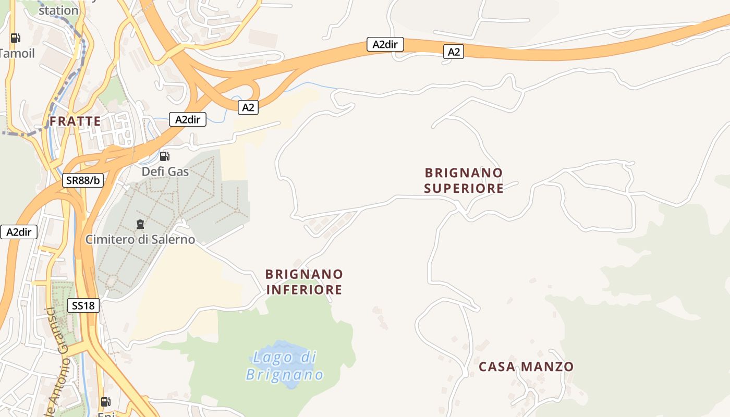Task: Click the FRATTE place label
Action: (75, 121)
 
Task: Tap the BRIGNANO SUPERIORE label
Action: (464, 180)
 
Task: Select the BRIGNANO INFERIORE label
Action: (304, 281)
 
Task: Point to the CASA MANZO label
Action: (526, 366)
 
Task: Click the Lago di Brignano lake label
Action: (285, 366)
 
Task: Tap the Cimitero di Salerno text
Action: (140, 240)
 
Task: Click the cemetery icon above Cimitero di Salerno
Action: (140, 225)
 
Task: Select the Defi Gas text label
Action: (165, 171)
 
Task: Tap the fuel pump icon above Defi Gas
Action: (164, 156)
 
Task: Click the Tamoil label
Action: (17, 53)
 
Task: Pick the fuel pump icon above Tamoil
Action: (16, 38)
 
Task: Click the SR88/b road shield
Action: (83, 180)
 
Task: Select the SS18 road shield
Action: (83, 305)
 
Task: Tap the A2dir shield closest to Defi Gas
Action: (188, 119)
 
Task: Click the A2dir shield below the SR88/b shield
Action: (19, 232)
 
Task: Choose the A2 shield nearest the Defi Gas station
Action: (248, 107)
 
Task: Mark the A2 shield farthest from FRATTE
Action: (454, 52)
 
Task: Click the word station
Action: (58, 10)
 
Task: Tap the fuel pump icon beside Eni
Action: (105, 401)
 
